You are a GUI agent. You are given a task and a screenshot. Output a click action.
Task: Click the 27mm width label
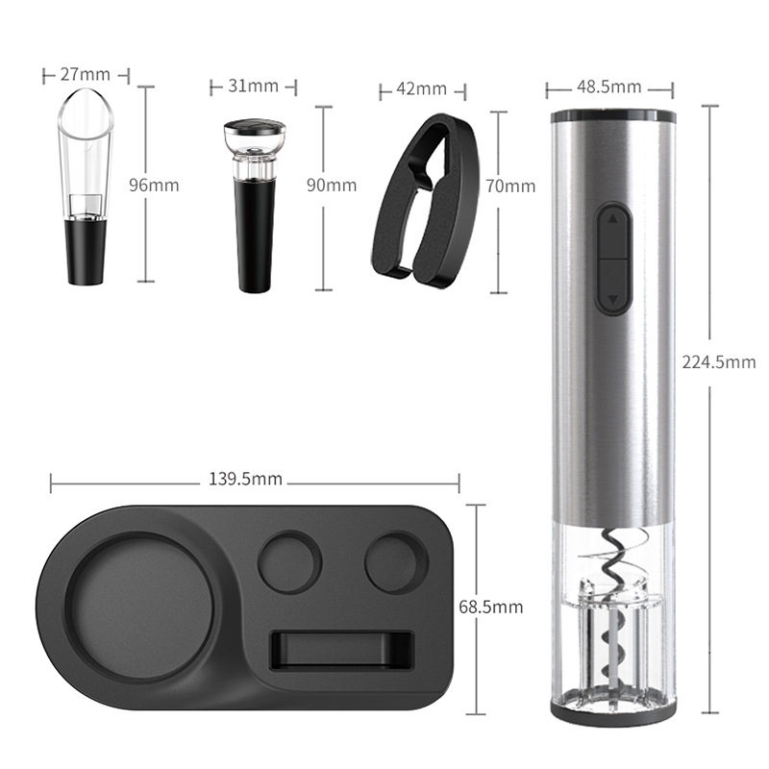86,73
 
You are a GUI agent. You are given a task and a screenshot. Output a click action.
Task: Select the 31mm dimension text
254,87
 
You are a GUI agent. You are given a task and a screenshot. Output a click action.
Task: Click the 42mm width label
421,89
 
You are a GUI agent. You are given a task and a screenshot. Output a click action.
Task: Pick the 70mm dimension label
510,186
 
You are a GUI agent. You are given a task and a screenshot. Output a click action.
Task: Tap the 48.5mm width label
608,87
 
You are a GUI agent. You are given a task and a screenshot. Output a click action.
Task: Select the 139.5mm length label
246,479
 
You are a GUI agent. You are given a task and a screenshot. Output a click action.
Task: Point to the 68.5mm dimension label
490,607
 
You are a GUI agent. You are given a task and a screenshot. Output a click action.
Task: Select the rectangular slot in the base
342,649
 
